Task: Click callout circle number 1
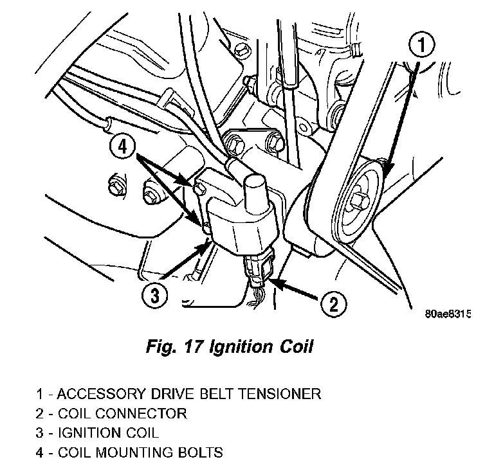click(x=421, y=46)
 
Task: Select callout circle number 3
click(x=154, y=295)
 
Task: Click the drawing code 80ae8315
click(x=448, y=315)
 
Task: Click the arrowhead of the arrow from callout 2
click(x=273, y=281)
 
